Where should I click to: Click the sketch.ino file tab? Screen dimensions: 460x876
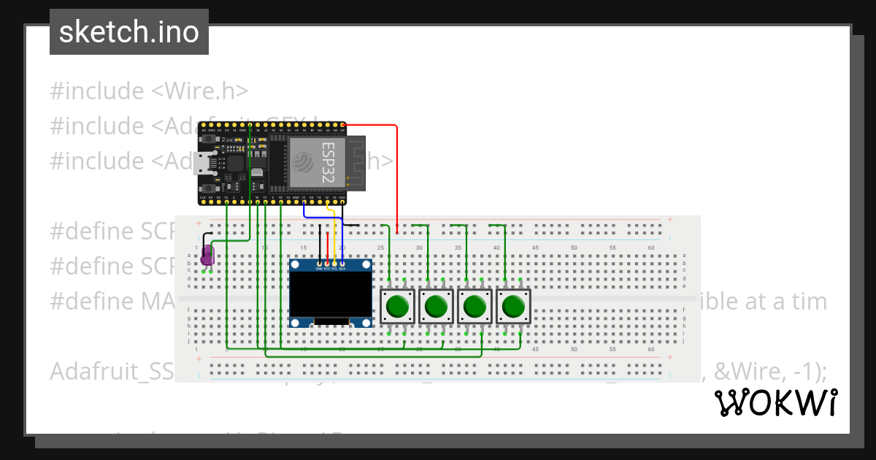pos(128,32)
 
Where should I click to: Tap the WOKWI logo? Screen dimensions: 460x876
pos(775,402)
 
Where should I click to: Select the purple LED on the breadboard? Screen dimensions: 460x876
pos(207,255)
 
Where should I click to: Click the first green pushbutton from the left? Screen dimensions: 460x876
pos(398,307)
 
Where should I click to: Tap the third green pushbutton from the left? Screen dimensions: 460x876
pos(475,307)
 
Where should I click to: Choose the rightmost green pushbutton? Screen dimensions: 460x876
pos(514,307)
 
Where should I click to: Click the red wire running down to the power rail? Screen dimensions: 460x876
pos(397,175)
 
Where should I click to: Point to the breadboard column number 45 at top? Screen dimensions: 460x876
pos(535,248)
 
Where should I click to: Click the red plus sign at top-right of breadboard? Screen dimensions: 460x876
pos(670,219)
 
